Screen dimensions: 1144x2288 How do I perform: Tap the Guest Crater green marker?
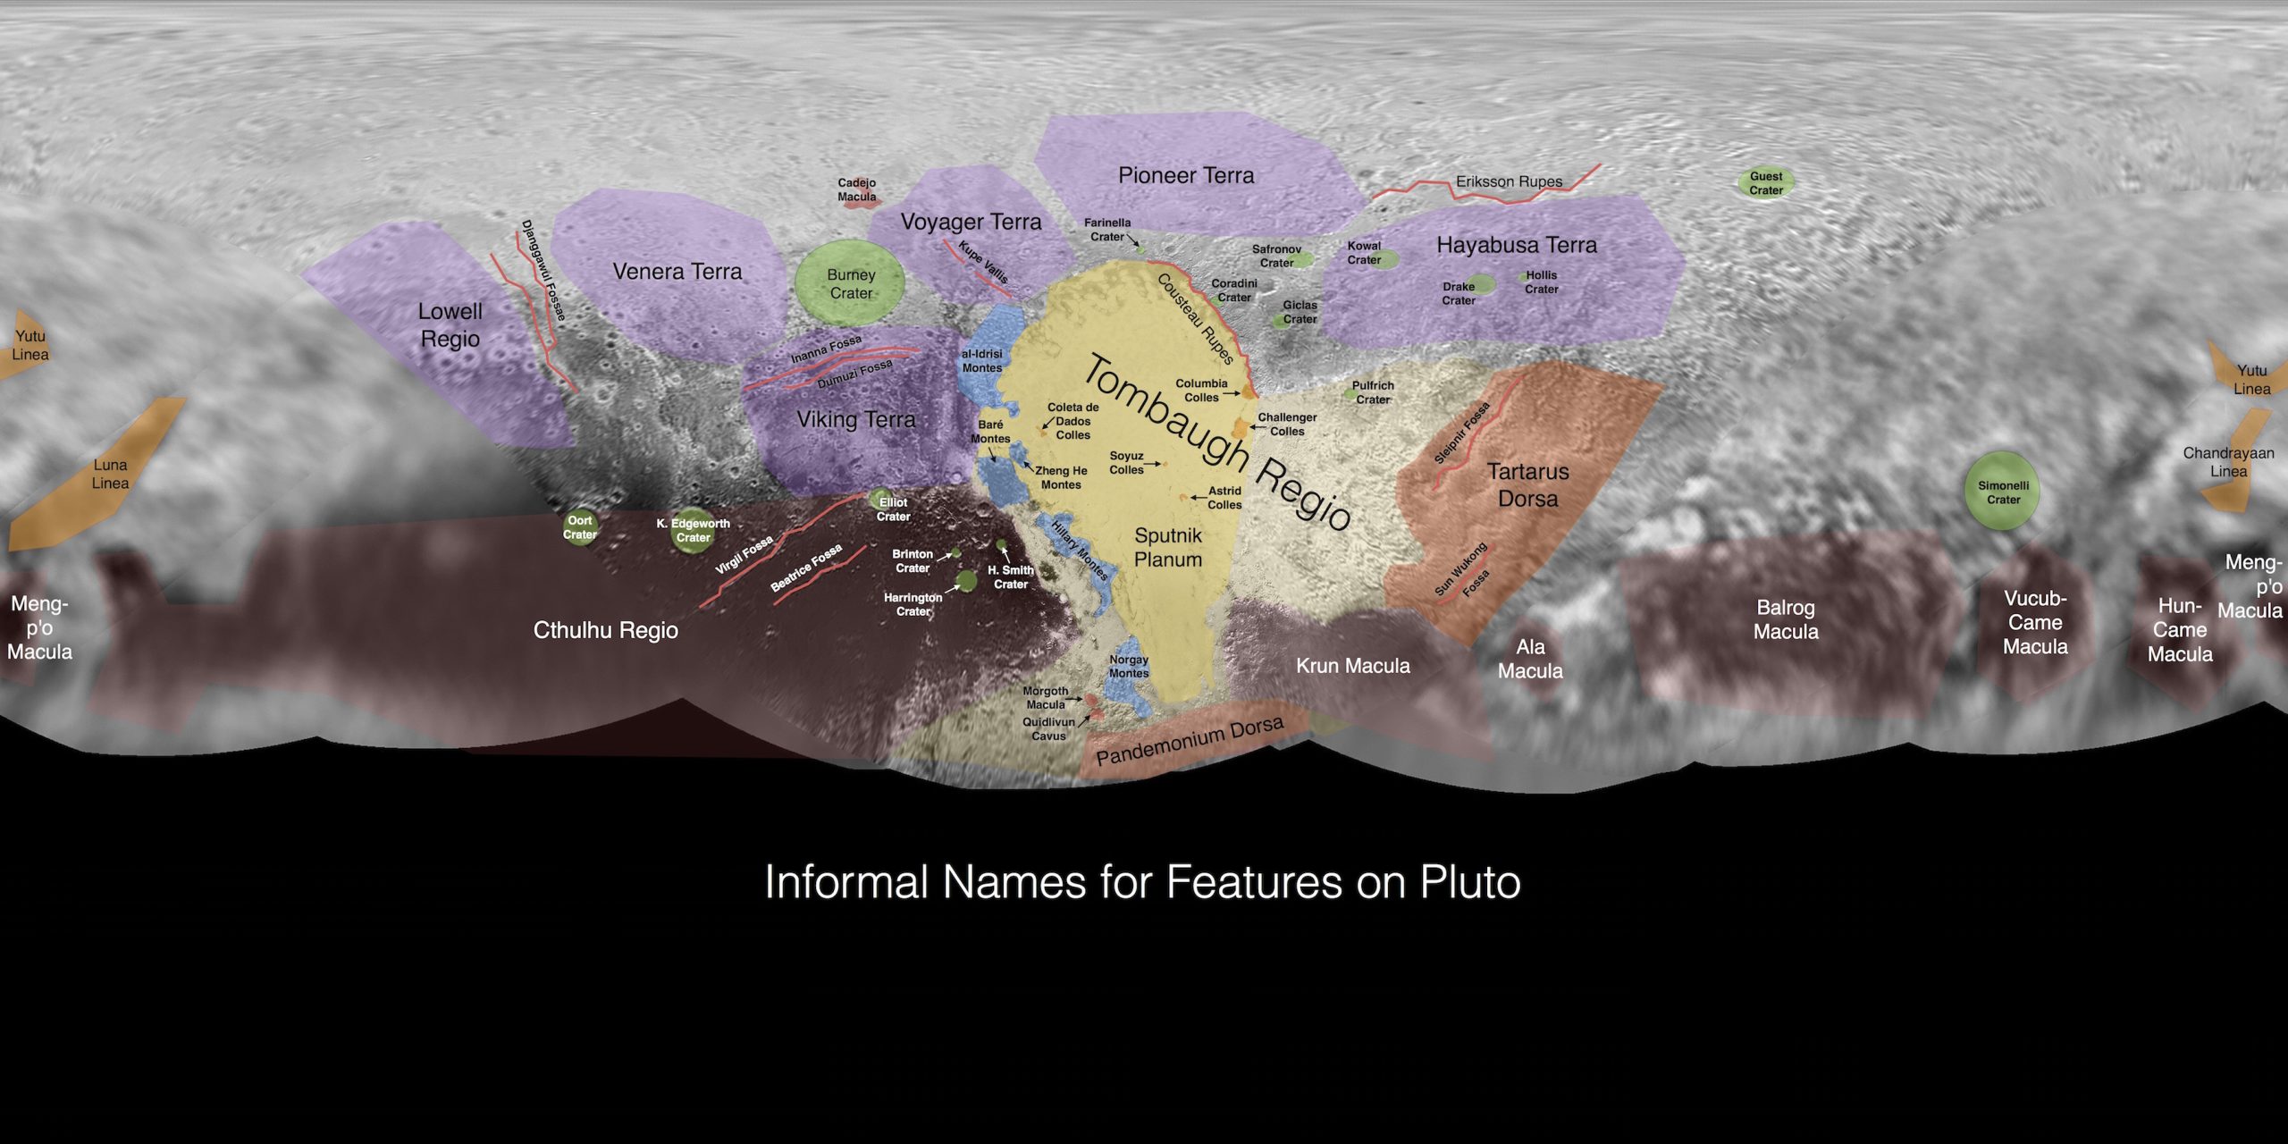[x=1766, y=183]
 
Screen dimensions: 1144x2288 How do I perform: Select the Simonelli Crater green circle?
[x=2003, y=492]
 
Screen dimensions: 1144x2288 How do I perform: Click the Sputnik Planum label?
[x=1168, y=547]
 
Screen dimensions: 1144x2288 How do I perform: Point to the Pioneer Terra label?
[x=1186, y=176]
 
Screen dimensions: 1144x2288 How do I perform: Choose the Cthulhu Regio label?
[x=605, y=630]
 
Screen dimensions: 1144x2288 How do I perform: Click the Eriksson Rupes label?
[x=1509, y=181]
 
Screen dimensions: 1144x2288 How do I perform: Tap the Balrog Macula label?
[x=1786, y=619]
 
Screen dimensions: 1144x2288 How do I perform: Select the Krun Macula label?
[x=1353, y=666]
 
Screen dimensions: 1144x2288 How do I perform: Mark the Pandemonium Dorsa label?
[x=1190, y=742]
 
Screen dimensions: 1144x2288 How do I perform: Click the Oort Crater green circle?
[x=579, y=527]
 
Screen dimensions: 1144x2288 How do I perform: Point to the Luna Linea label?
[x=110, y=474]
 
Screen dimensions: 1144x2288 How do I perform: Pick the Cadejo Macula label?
[x=856, y=189]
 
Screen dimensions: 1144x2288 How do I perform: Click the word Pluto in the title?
[x=1470, y=882]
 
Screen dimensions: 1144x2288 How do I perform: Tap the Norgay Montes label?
[x=1129, y=666]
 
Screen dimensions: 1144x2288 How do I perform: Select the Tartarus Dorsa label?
[x=1527, y=484]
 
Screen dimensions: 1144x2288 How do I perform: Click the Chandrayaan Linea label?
[x=2228, y=462]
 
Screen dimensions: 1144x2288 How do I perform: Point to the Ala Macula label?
[x=1530, y=659]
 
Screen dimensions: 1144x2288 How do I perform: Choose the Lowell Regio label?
[x=450, y=324]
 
